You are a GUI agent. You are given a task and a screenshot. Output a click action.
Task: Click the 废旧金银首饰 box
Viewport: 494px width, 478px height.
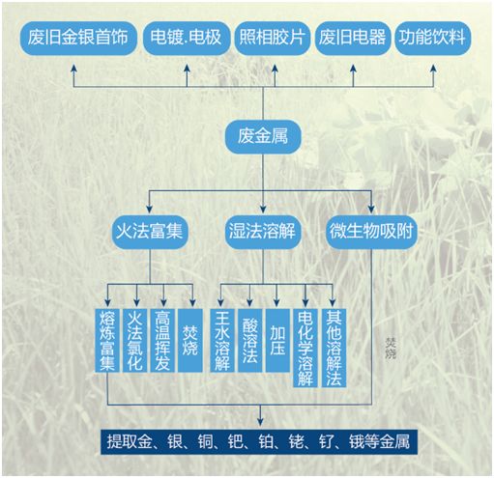[x=78, y=38]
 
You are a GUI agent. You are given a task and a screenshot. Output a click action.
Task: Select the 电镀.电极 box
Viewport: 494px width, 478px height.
[x=186, y=38]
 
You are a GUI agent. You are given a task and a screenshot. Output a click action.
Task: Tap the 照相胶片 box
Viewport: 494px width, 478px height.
[x=273, y=38]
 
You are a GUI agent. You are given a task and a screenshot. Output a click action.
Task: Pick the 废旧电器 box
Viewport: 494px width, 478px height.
[x=352, y=38]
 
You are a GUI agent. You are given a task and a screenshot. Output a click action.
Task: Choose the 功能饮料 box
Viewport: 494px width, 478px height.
[x=432, y=38]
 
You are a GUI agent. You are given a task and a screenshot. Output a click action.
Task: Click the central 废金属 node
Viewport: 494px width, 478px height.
[x=263, y=137]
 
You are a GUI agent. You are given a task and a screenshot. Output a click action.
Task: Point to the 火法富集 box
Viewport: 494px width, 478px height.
[x=150, y=232]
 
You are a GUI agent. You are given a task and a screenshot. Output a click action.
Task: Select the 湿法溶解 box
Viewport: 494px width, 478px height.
[x=263, y=232]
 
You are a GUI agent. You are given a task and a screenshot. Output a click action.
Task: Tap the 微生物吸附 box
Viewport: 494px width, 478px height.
[x=371, y=232]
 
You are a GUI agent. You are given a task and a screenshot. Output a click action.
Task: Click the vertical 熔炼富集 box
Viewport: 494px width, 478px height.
[x=107, y=340]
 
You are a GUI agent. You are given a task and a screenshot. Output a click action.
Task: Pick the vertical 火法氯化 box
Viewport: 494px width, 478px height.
[x=134, y=340]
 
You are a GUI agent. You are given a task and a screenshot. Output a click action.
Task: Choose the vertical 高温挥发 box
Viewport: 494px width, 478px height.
[x=162, y=340]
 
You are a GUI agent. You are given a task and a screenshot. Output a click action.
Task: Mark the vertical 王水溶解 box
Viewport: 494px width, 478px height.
[x=222, y=340]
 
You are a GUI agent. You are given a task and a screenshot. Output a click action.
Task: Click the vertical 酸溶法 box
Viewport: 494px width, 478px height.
[x=249, y=340]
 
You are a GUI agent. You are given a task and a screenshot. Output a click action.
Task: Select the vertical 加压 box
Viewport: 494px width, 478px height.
[x=277, y=340]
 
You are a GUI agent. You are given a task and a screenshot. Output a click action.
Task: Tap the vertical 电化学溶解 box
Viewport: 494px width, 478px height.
[x=305, y=348]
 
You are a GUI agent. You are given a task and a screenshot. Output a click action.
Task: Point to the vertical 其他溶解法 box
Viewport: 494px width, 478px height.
[x=334, y=348]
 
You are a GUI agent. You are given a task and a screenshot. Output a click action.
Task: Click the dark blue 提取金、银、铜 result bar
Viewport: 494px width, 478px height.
[x=259, y=441]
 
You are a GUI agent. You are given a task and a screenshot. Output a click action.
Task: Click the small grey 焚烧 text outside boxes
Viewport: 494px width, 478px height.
[x=391, y=348]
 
